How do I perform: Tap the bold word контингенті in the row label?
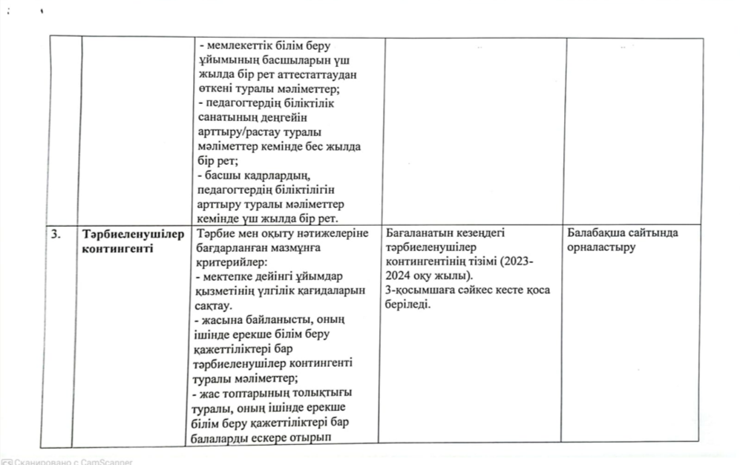[x=119, y=247]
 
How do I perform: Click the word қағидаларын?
[x=331, y=290]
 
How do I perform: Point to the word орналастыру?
[x=601, y=247]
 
